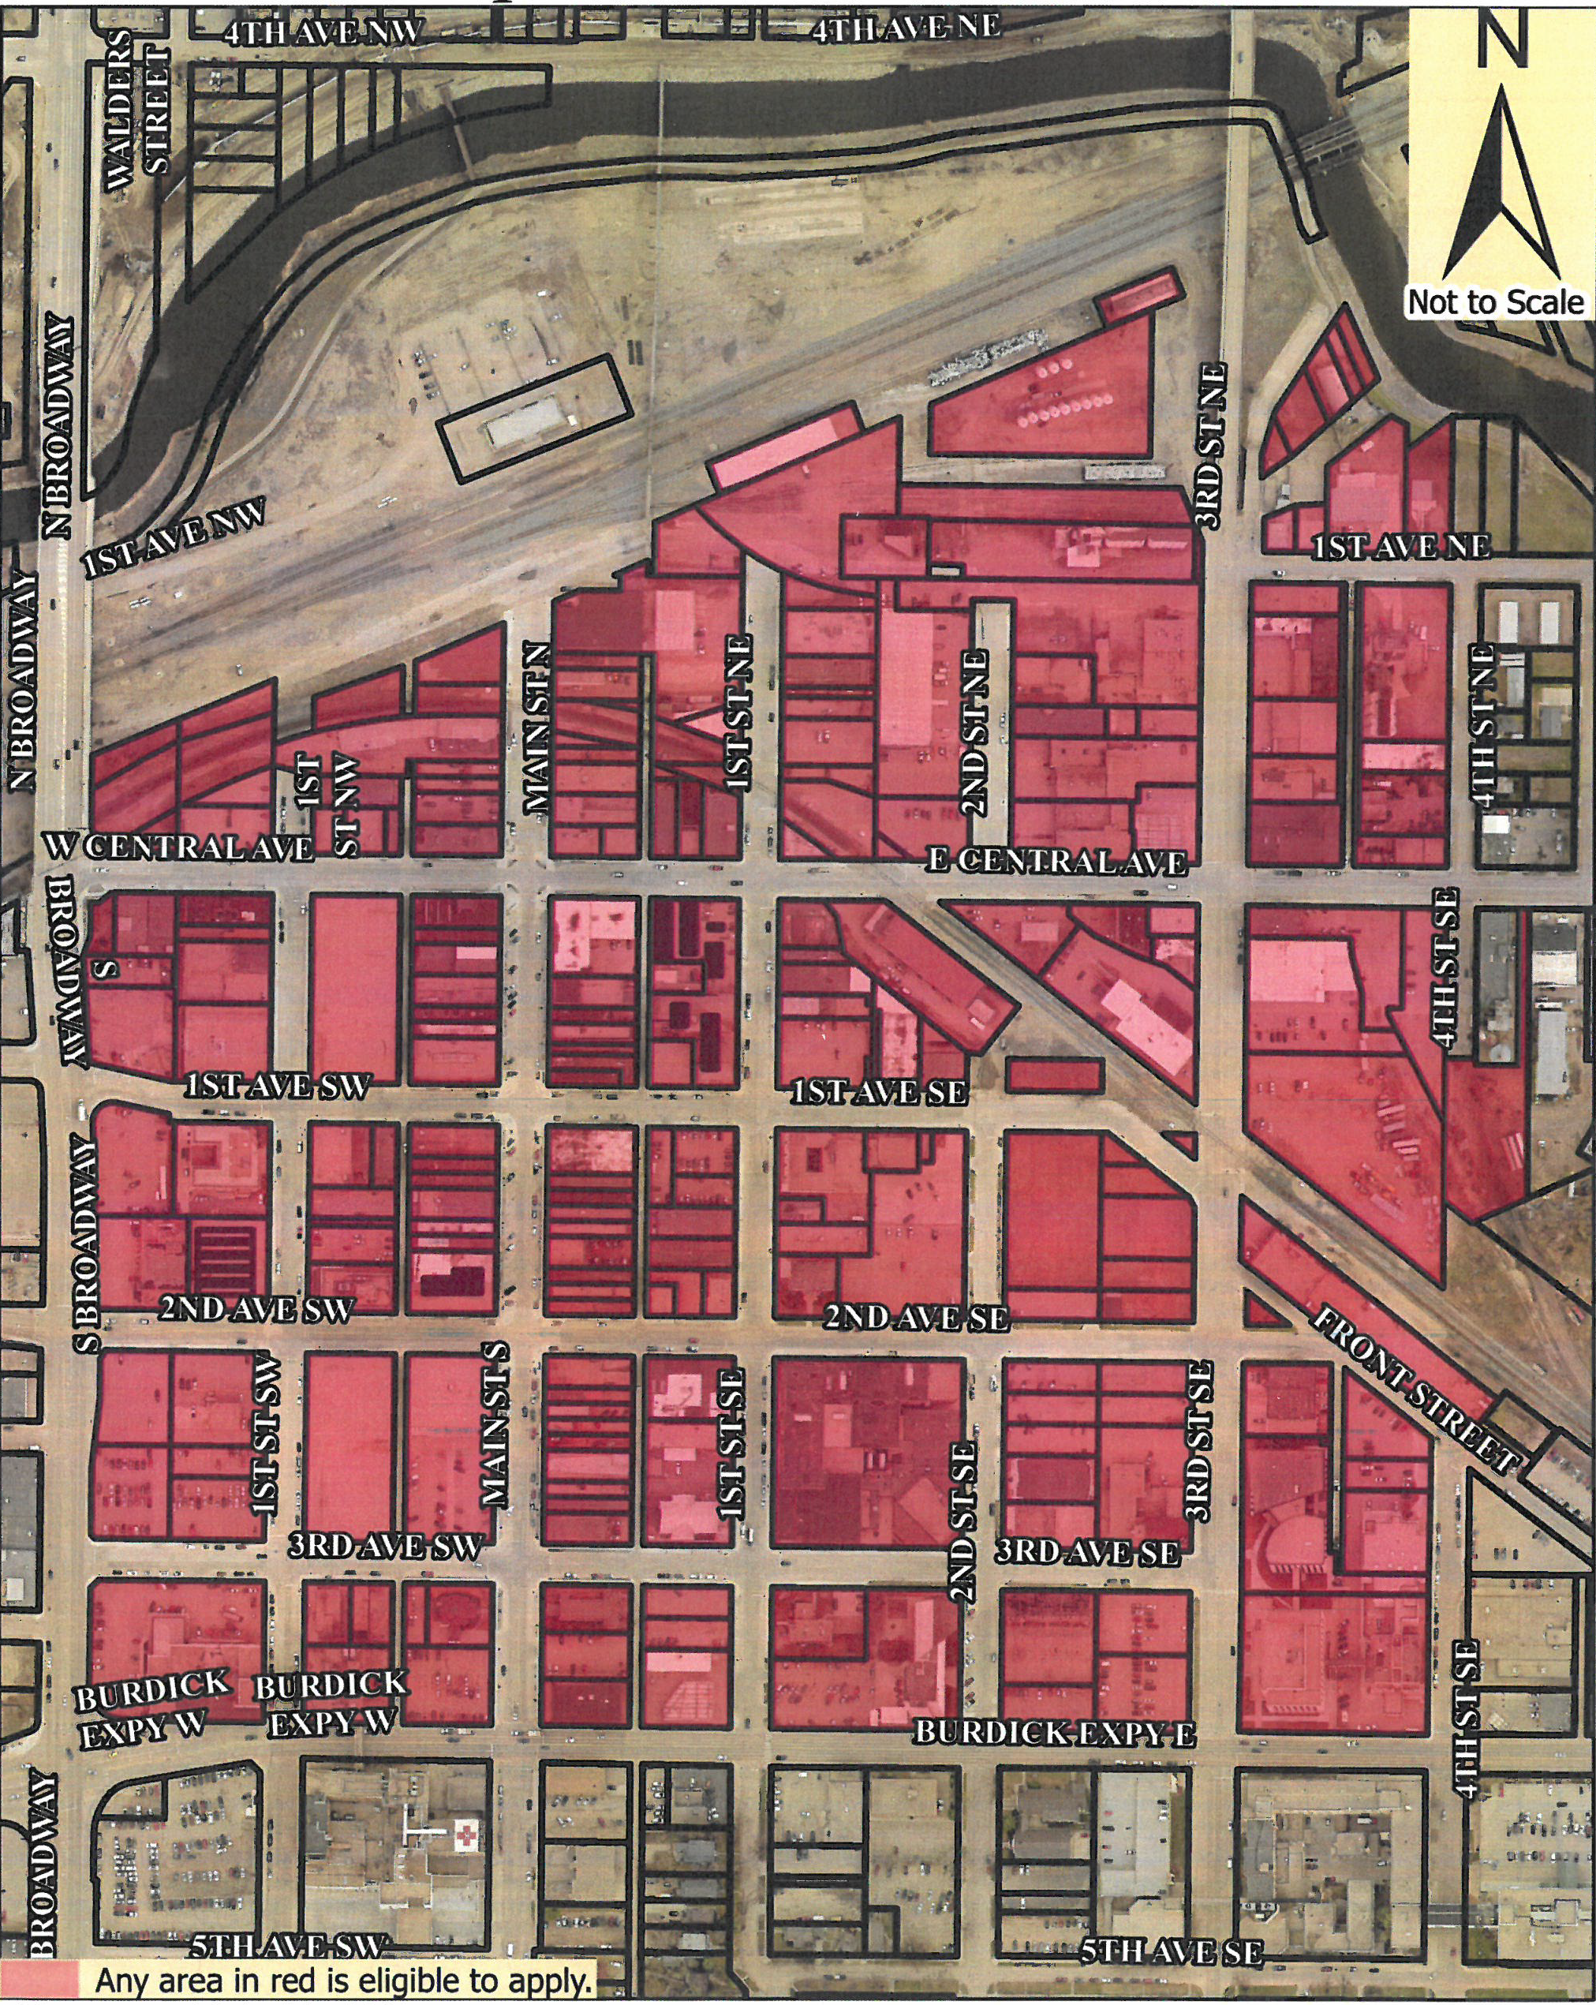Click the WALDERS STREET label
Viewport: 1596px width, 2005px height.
[140, 110]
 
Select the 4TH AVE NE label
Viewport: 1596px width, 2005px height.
[906, 28]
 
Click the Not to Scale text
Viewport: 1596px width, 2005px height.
[1494, 301]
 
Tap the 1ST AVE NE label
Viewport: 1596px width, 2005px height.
[1400, 547]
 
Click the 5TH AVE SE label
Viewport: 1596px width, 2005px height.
[1171, 1951]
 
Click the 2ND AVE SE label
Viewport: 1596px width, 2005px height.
[916, 1317]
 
